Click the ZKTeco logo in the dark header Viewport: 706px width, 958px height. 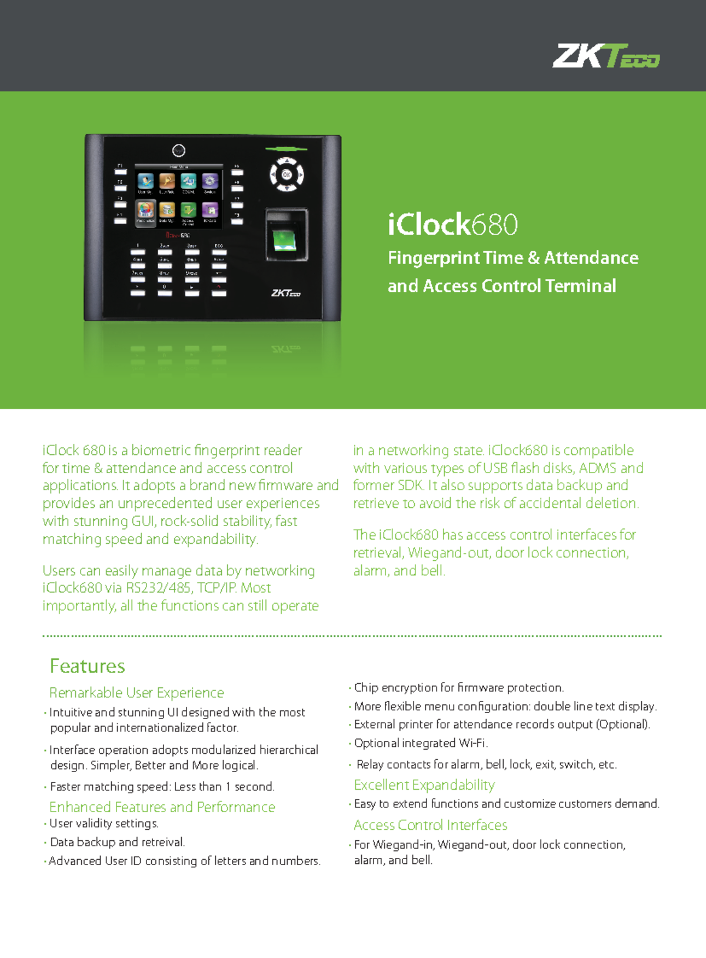click(605, 56)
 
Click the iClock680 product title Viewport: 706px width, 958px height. click(452, 224)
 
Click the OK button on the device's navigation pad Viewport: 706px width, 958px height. click(287, 175)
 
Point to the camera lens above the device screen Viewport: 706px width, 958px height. click(179, 151)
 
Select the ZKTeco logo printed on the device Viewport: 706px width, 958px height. click(286, 292)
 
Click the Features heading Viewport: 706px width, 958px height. click(87, 666)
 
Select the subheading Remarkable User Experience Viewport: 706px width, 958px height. click(136, 693)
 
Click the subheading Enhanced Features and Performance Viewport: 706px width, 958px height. click(162, 807)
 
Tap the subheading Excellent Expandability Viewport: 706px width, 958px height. click(424, 785)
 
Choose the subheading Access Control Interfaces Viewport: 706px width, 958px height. click(431, 825)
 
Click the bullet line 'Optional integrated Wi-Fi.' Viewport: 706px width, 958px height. click(421, 743)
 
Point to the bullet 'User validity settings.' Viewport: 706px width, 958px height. click(104, 823)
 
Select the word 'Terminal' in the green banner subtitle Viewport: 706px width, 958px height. click(581, 286)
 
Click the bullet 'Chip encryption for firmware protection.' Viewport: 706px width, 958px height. click(459, 688)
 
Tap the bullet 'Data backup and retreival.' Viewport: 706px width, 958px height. click(117, 842)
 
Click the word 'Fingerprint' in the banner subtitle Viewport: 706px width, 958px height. click(434, 258)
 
